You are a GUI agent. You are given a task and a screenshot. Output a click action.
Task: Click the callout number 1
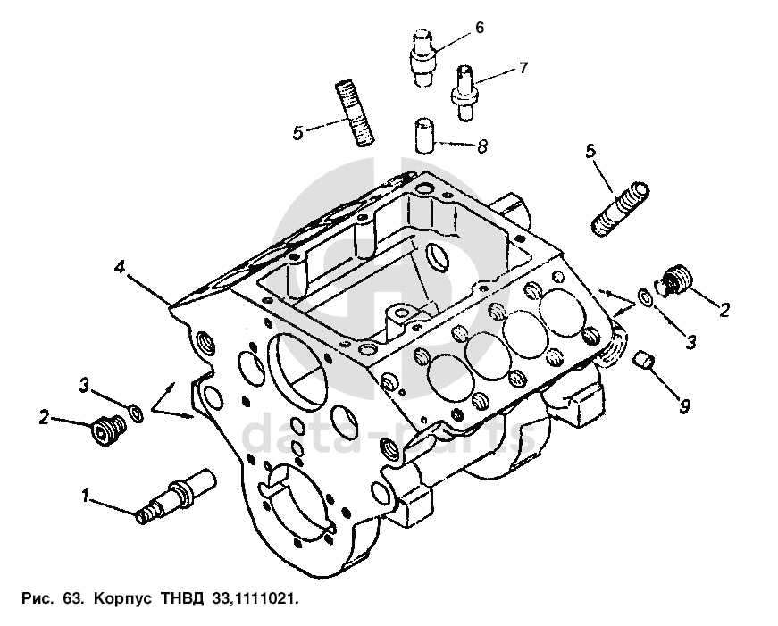pos(87,494)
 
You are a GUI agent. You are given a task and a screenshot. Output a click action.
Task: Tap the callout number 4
pos(118,266)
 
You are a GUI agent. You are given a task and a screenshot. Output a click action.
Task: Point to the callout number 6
pos(479,28)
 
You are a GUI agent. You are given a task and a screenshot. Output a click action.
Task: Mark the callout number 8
pos(482,146)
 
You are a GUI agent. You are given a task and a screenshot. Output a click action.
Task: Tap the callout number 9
pos(684,406)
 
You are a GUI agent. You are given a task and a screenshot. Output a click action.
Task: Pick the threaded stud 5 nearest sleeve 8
pos(356,113)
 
